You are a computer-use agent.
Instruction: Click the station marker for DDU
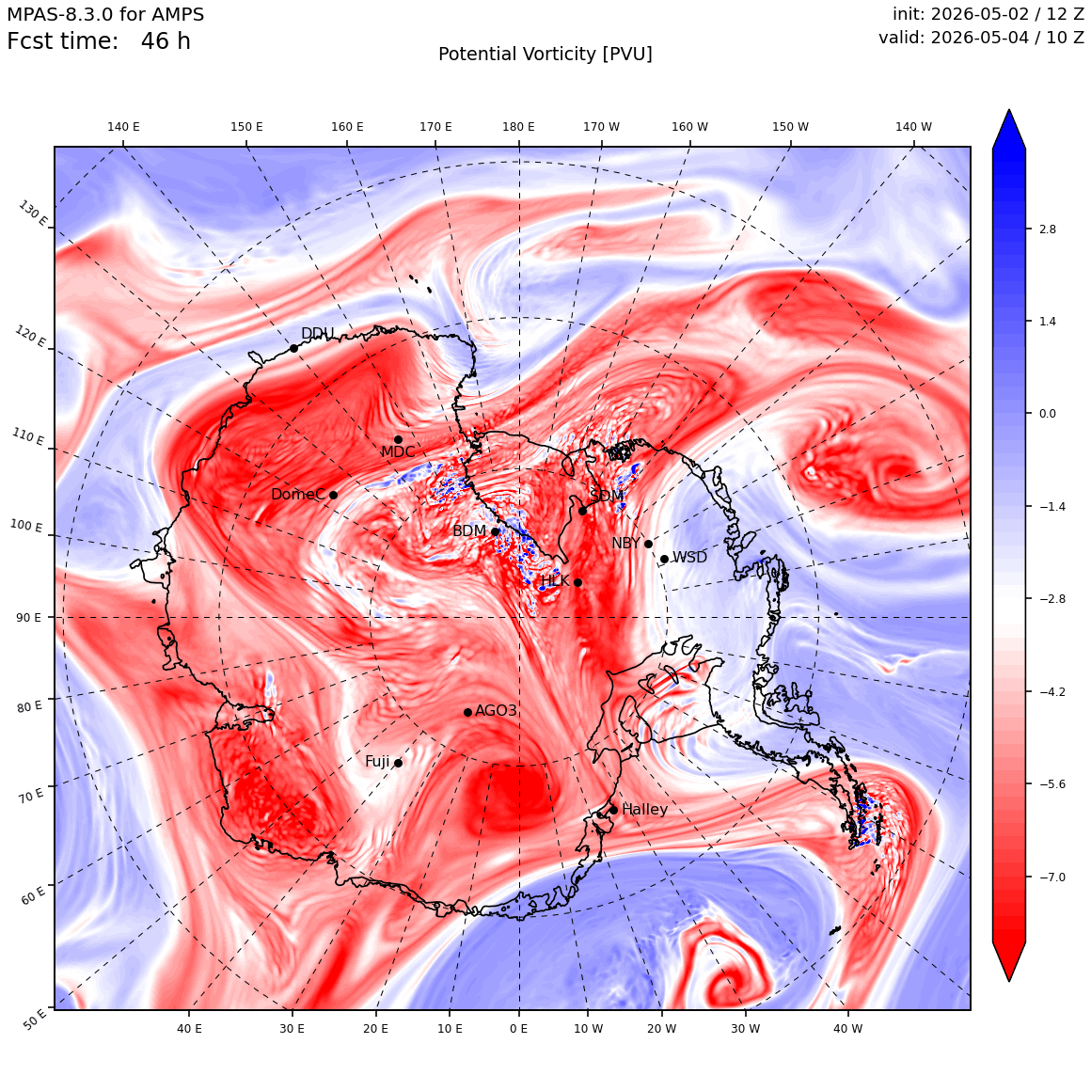coord(293,349)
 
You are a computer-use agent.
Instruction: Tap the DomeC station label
coord(298,494)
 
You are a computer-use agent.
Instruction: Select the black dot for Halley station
coord(613,810)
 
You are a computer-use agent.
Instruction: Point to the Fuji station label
coord(378,762)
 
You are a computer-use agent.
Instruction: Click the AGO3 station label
coord(496,710)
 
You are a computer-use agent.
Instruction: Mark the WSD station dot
coord(665,559)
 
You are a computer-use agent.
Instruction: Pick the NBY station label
coord(626,544)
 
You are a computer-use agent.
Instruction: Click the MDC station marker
coord(398,440)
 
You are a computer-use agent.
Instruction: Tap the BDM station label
coord(469,530)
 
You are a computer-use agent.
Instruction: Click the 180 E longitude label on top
coord(518,127)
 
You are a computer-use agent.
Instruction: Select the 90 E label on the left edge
coord(28,618)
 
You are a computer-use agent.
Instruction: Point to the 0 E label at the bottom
coord(518,1028)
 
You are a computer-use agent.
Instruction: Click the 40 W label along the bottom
coord(847,1028)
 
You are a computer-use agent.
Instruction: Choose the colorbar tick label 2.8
coord(1047,229)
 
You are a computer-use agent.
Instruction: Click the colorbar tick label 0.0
coord(1047,413)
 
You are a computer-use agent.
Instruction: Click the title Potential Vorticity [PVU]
coord(545,55)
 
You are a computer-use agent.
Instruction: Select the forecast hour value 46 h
coord(166,41)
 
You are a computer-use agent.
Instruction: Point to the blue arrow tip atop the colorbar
coord(1009,110)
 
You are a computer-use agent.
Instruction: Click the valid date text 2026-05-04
coord(980,37)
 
